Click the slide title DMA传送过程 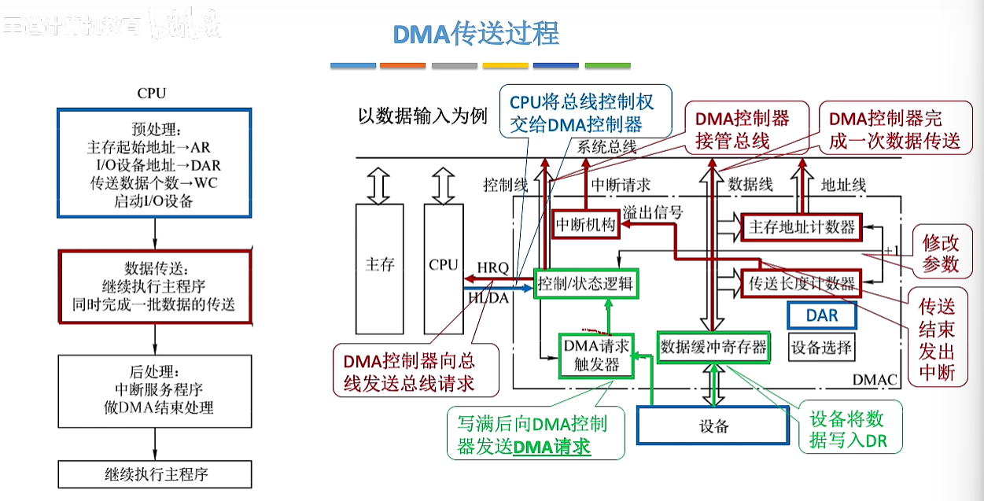click(475, 34)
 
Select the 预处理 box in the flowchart click(153, 164)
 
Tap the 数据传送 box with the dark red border click(154, 286)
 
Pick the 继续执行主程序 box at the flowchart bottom click(155, 474)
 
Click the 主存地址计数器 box click(802, 227)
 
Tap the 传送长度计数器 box click(802, 283)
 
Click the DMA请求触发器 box click(595, 355)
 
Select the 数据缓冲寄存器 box click(713, 347)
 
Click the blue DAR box click(822, 315)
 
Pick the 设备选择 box click(821, 348)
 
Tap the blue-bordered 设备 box click(713, 426)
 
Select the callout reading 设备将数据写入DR click(847, 429)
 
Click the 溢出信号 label click(653, 212)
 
